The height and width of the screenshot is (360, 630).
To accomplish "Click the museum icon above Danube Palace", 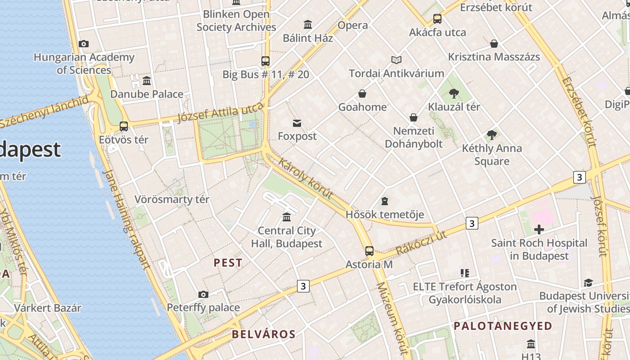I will pyautogui.click(x=147, y=81).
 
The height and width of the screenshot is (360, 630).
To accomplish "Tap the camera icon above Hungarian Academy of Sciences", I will pyautogui.click(x=83, y=44).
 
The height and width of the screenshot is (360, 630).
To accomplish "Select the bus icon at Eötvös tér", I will pyautogui.click(x=124, y=126).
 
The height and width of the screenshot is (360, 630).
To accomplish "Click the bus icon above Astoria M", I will pyautogui.click(x=369, y=251).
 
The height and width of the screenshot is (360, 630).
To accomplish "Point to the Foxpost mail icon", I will pyautogui.click(x=297, y=123).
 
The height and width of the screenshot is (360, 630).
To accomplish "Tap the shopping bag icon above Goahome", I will pyautogui.click(x=362, y=94).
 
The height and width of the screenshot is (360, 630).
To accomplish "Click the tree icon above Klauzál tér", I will pyautogui.click(x=454, y=94).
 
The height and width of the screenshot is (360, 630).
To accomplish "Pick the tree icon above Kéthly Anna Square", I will pyautogui.click(x=492, y=135).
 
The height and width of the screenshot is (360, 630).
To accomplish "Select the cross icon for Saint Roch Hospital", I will pyautogui.click(x=539, y=229).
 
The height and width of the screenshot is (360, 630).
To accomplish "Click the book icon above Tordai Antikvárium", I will pyautogui.click(x=396, y=60).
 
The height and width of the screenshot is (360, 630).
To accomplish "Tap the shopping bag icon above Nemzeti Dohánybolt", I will pyautogui.click(x=414, y=117).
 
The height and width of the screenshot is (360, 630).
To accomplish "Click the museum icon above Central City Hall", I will pyautogui.click(x=287, y=218).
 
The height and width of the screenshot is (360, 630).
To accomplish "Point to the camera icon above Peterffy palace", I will pyautogui.click(x=203, y=294).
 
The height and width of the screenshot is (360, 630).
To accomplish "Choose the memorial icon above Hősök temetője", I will pyautogui.click(x=385, y=201).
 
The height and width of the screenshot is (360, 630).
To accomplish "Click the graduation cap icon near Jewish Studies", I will pyautogui.click(x=588, y=283).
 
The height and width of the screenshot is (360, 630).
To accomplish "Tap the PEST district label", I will pyautogui.click(x=228, y=263).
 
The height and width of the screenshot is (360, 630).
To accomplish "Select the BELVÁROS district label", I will pyautogui.click(x=264, y=334).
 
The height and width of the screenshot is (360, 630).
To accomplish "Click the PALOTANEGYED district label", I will pyautogui.click(x=503, y=326).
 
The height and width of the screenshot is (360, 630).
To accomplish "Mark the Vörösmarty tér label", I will pyautogui.click(x=172, y=199).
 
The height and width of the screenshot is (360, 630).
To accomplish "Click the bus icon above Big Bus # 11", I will pyautogui.click(x=265, y=61).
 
